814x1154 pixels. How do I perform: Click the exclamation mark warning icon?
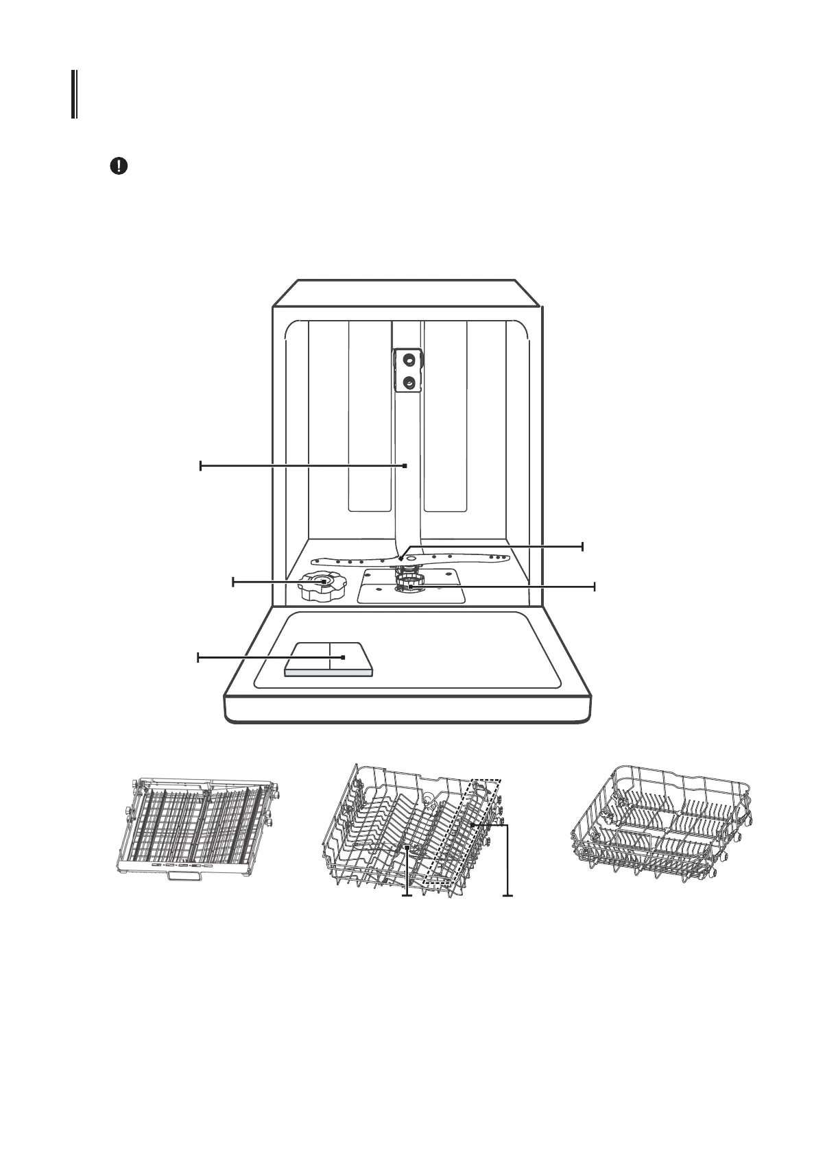pyautogui.click(x=119, y=167)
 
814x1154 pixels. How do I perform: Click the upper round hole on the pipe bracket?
pyautogui.click(x=408, y=358)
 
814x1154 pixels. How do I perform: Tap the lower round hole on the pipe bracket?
pyautogui.click(x=408, y=382)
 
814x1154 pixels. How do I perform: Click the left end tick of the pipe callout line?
pyautogui.click(x=200, y=466)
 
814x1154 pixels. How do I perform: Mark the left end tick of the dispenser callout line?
pyautogui.click(x=198, y=658)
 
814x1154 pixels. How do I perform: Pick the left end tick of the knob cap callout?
pyautogui.click(x=233, y=582)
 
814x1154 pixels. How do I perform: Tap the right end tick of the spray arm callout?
pyautogui.click(x=582, y=546)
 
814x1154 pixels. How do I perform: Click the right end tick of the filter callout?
pyautogui.click(x=595, y=587)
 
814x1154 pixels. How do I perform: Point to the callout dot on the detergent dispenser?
pyautogui.click(x=342, y=657)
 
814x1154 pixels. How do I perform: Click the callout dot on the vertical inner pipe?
pyautogui.click(x=405, y=465)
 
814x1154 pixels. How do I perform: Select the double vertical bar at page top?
pyautogui.click(x=73, y=94)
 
